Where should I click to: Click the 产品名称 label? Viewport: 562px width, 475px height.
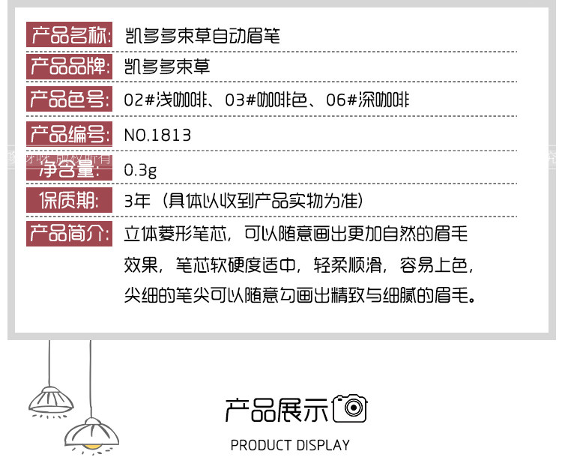coord(70,35)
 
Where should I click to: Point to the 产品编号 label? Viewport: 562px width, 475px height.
coord(70,135)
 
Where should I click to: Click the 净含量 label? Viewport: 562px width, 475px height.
coord(70,169)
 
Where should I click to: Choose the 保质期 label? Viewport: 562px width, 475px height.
coord(70,201)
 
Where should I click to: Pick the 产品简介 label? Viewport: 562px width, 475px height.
coord(70,234)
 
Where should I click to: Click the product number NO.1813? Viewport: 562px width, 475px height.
coord(157,135)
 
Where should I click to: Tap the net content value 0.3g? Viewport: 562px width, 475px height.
coord(140,169)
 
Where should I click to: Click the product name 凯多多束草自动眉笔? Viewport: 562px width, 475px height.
coord(202,35)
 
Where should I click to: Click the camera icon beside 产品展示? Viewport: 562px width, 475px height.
coord(350,408)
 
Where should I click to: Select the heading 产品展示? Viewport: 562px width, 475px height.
coord(277,409)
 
